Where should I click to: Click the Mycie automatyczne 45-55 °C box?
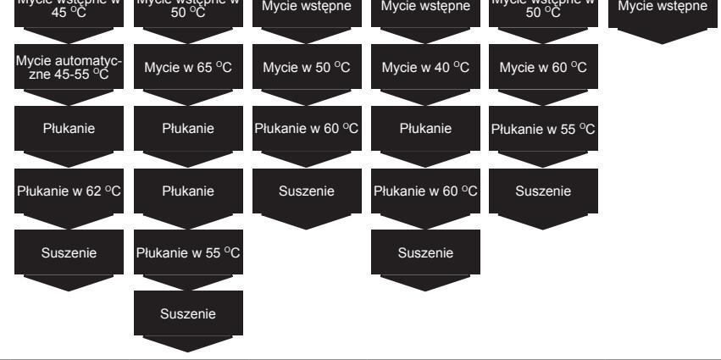[x=69, y=68]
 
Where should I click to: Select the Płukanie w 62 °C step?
[x=69, y=191]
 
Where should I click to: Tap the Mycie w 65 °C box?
[x=188, y=68]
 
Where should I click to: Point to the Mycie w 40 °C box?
[x=425, y=68]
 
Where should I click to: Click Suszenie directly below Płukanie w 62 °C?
[x=69, y=253]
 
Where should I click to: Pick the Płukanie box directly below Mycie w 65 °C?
[x=188, y=130]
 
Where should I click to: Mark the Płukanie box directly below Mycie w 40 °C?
[x=425, y=130]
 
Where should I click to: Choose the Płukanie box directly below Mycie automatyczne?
[x=69, y=130]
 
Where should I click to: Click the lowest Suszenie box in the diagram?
[x=188, y=315]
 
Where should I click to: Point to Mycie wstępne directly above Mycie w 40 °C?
[x=425, y=10]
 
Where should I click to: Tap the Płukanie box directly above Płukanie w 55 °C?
[x=188, y=191]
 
